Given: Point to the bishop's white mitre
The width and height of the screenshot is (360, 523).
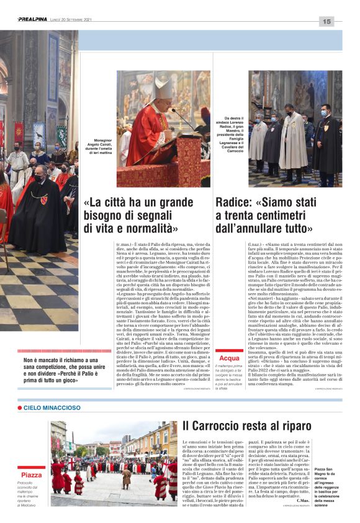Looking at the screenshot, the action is (x=163, y=87).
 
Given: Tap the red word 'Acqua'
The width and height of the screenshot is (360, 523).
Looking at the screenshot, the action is (x=229, y=358).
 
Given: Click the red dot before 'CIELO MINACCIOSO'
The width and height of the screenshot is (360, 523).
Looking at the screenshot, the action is (x=20, y=407).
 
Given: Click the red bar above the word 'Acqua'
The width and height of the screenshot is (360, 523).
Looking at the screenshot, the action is (x=229, y=351).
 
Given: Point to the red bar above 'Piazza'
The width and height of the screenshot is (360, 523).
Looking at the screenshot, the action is (x=32, y=468).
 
